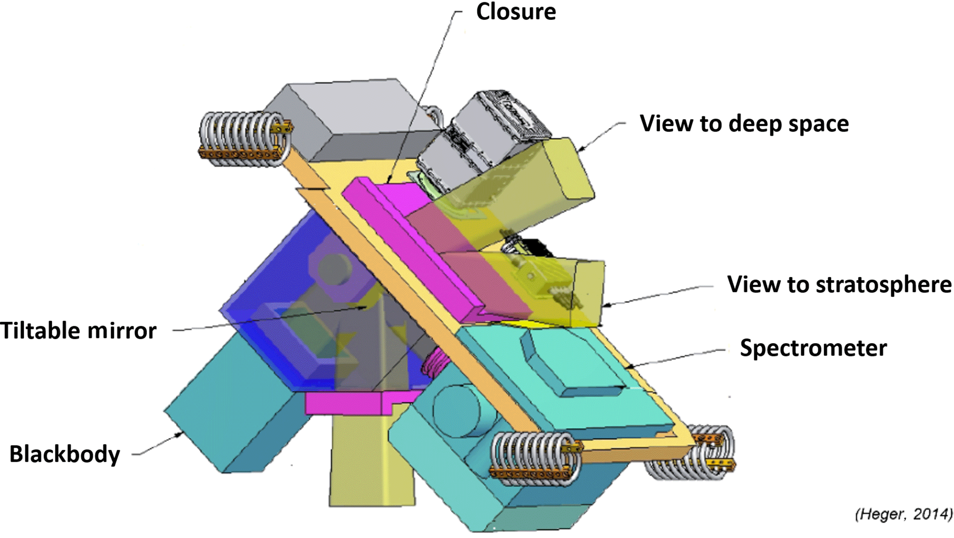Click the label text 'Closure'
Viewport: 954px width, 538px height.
click(x=516, y=12)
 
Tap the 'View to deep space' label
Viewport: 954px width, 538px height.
click(x=744, y=124)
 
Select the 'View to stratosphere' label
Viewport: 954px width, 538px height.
click(x=839, y=284)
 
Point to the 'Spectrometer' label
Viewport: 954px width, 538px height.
click(x=813, y=348)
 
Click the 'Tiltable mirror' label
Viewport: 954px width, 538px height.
click(x=78, y=331)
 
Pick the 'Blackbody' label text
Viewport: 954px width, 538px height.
click(x=65, y=454)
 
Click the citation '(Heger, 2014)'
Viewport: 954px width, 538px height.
click(x=903, y=514)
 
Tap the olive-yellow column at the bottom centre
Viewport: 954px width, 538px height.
click(x=369, y=462)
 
